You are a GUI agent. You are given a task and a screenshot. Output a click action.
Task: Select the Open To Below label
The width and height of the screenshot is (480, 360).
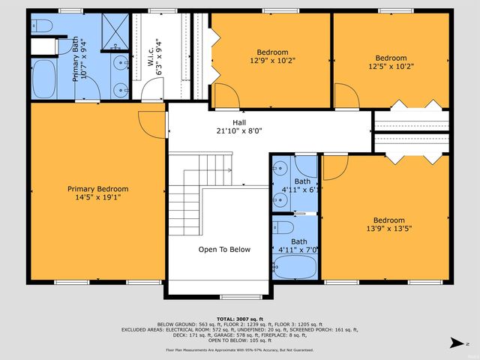point(224,250)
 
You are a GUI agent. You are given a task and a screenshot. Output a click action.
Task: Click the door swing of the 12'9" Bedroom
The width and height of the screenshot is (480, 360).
point(226,94)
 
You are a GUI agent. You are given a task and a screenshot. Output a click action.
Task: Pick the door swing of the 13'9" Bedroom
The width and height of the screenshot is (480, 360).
point(334,166)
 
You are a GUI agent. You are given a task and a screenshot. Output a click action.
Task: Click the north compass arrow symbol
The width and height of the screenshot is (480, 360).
point(455,343)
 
